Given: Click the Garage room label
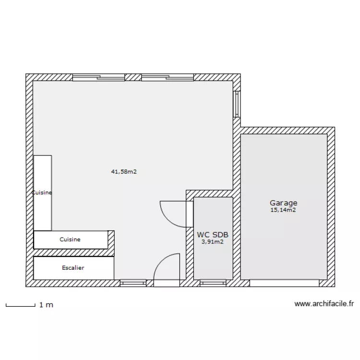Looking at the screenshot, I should coord(283,203).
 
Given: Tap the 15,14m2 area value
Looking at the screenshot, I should coord(283,210).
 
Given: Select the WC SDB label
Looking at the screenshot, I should coord(213,235).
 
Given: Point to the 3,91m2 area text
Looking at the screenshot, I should coord(213,242).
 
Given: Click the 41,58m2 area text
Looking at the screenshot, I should coord(124,171).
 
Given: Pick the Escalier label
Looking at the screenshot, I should coord(73,268).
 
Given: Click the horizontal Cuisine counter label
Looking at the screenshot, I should coord(70,239).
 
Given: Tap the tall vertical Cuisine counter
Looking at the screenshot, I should coord(42,192).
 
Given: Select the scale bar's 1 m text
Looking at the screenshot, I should coord(46,305).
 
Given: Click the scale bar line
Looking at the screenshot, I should coord(21,305).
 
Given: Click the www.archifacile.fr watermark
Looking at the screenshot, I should coord(324,304).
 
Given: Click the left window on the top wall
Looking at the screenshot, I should coord(98,77).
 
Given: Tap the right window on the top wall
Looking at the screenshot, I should coord(168,77).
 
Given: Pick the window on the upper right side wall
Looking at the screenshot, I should coord(236,104).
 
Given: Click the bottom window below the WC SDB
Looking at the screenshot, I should coord(213,283).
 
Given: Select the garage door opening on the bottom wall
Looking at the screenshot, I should coord(284,283).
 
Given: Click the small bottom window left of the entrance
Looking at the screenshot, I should coord(133,283).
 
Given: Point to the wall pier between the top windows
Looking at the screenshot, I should coord(133,77).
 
